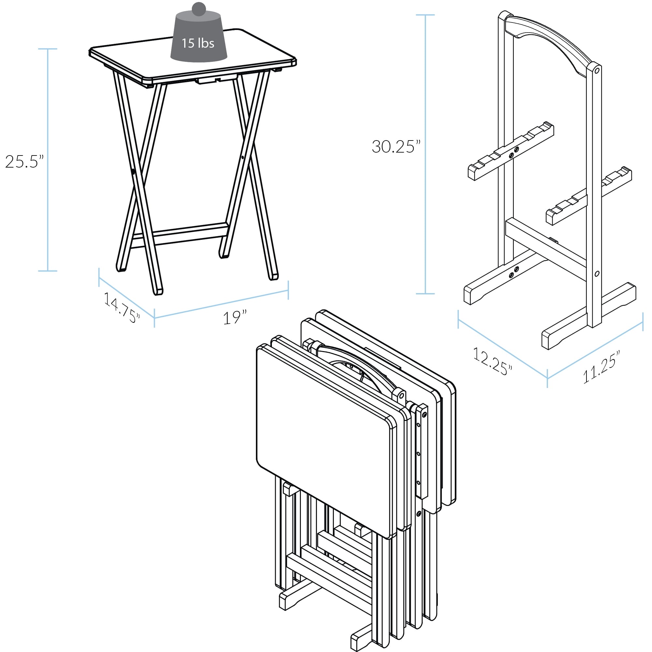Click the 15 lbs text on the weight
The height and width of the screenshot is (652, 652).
[198, 43]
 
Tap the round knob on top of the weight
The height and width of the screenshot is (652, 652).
[199, 9]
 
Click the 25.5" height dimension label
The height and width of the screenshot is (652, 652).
[24, 162]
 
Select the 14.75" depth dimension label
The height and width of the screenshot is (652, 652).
[122, 307]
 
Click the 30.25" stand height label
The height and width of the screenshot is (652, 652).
[396, 146]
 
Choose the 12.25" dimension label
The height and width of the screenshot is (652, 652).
[493, 361]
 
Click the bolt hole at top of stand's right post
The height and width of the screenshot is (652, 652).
[596, 70]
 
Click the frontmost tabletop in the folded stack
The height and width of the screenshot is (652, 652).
[324, 439]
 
